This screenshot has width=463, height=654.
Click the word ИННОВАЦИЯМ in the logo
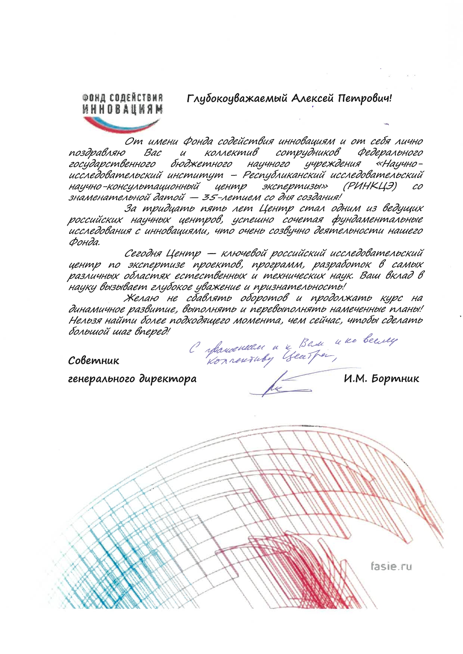coord(122,109)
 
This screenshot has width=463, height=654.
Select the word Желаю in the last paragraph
coord(142,298)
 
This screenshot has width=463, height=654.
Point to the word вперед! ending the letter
coord(152,331)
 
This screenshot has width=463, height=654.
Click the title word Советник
coord(94,361)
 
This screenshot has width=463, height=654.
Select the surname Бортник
coord(395,379)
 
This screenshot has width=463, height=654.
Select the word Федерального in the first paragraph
coord(390,153)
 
